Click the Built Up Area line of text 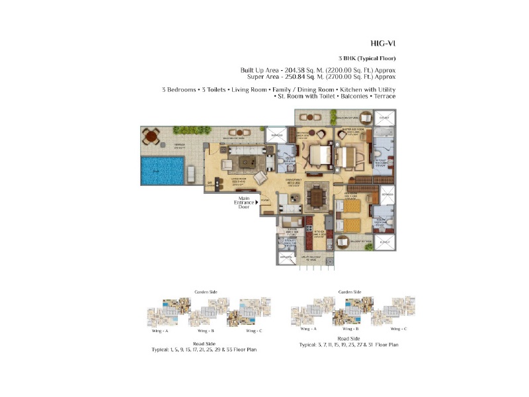tap(317, 69)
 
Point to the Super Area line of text tap(317, 77)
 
